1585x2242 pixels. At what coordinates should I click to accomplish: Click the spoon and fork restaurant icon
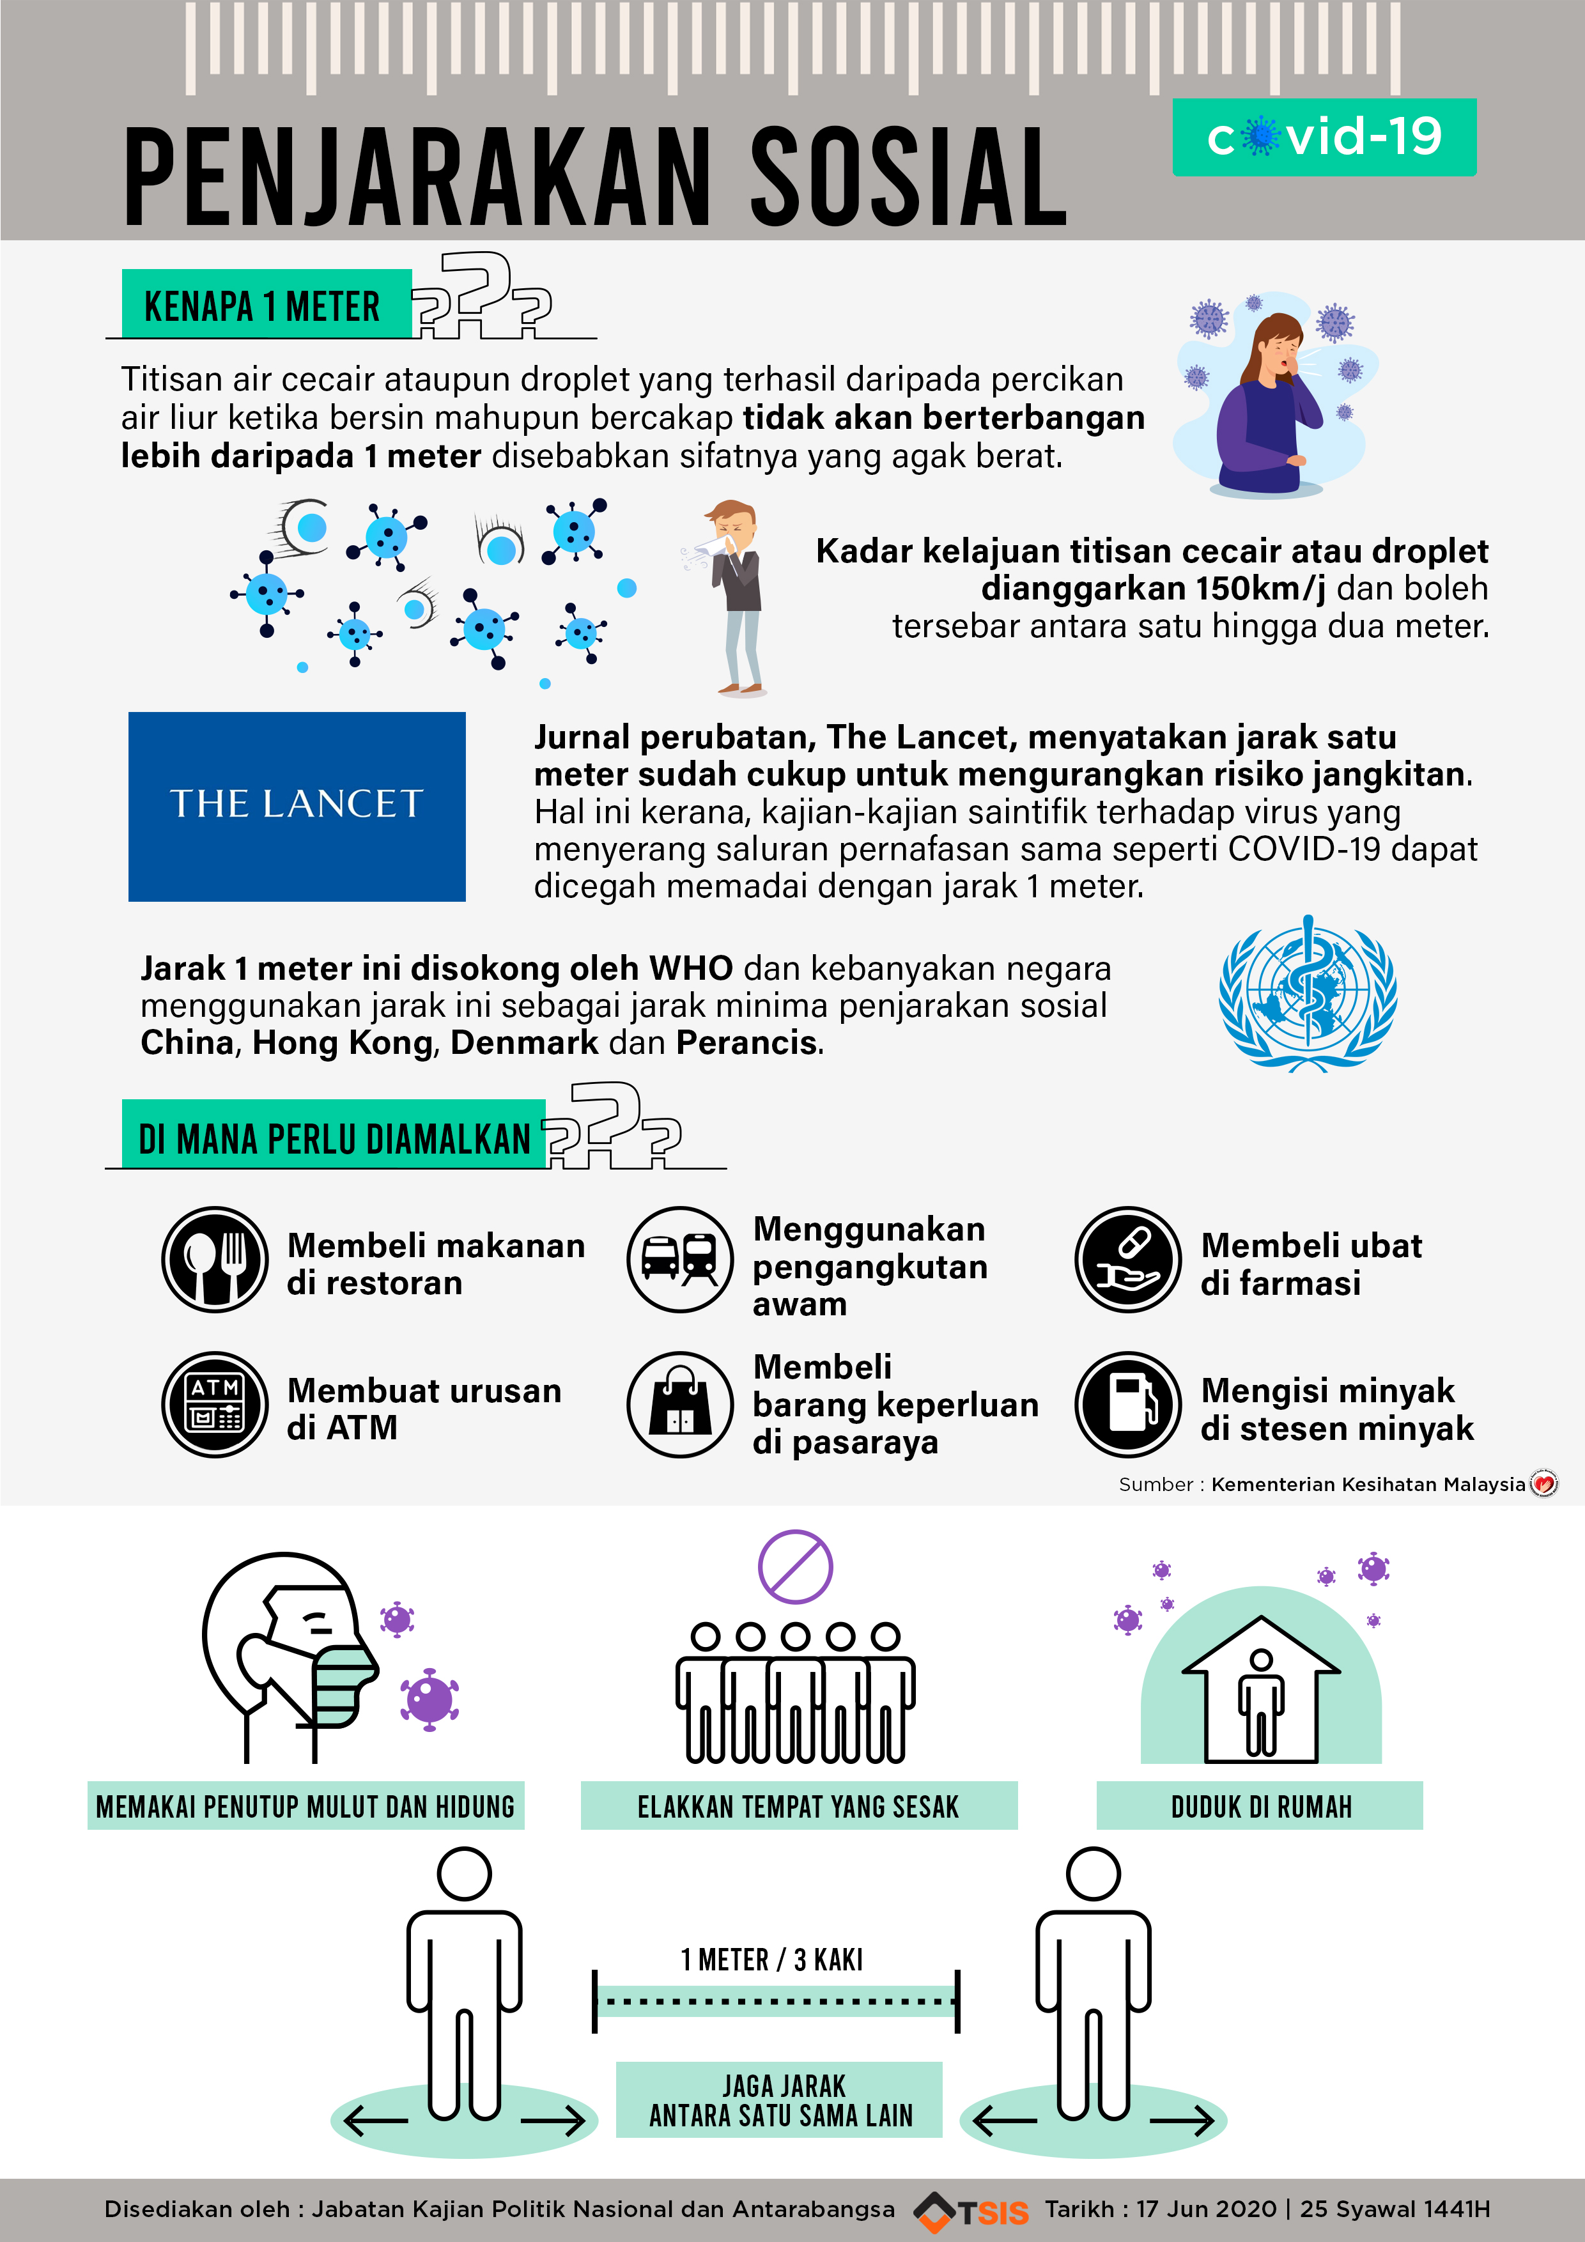215,1260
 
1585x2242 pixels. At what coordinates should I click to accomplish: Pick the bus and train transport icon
680,1260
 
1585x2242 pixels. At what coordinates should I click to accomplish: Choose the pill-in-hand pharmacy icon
1128,1260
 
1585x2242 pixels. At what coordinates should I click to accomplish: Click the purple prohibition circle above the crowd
795,1566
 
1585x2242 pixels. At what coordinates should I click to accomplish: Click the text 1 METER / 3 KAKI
771,1960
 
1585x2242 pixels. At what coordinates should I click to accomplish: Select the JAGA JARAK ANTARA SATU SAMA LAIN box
779,2100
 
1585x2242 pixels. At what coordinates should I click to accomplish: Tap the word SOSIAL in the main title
908,179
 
